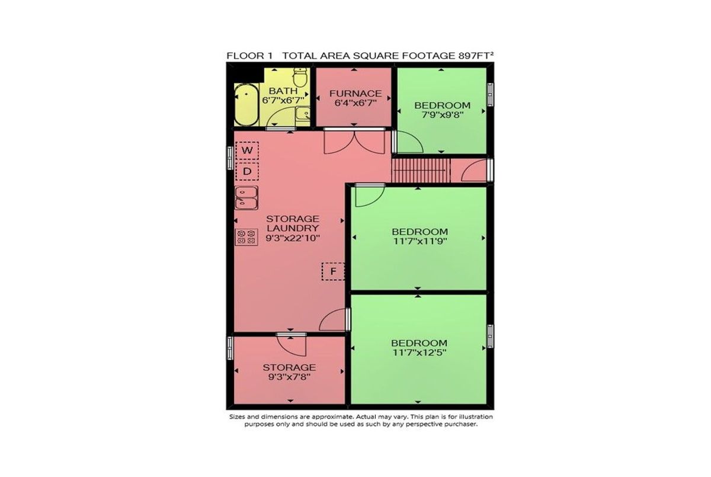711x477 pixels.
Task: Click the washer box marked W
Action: (x=247, y=151)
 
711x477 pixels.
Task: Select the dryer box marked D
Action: (x=247, y=171)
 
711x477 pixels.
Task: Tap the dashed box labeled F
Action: (x=333, y=271)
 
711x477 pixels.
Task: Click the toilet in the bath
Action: (x=300, y=77)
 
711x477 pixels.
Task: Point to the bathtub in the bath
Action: (x=246, y=105)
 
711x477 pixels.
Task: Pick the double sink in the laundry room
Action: (x=246, y=198)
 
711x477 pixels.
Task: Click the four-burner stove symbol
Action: (x=246, y=237)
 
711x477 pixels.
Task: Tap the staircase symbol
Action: (x=421, y=171)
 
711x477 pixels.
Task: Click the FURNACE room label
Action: (x=355, y=94)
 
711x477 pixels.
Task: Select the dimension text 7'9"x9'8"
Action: (x=443, y=114)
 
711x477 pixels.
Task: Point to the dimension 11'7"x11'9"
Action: (x=420, y=241)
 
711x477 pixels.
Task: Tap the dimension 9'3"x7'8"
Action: (x=289, y=377)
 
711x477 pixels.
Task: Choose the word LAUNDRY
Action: (x=293, y=228)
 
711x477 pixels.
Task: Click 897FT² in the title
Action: (x=476, y=56)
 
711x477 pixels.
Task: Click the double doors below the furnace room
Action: (x=354, y=142)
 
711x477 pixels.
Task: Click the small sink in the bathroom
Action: (x=303, y=114)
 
